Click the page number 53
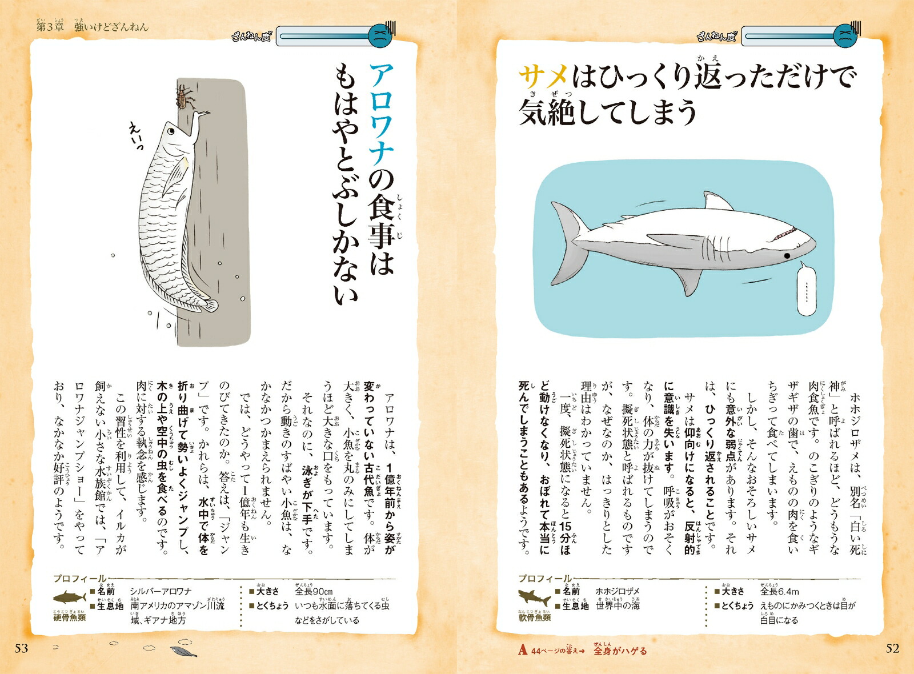coord(21,648)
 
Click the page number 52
coord(892,648)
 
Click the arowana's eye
coord(171,131)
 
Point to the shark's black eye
coord(787,256)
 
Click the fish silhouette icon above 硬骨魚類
coord(70,597)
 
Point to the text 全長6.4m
coord(780,591)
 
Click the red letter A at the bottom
coord(523,650)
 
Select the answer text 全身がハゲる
coord(620,651)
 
